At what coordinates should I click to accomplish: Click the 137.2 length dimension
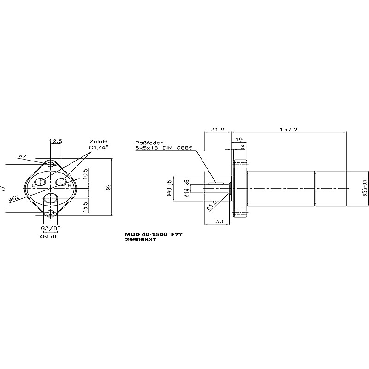(289, 130)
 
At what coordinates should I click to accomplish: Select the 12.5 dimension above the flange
(56, 141)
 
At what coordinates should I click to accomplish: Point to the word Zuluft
(98, 142)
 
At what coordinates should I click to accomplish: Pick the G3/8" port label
(51, 228)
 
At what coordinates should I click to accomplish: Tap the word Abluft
(48, 237)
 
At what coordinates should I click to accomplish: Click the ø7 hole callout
(23, 156)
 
